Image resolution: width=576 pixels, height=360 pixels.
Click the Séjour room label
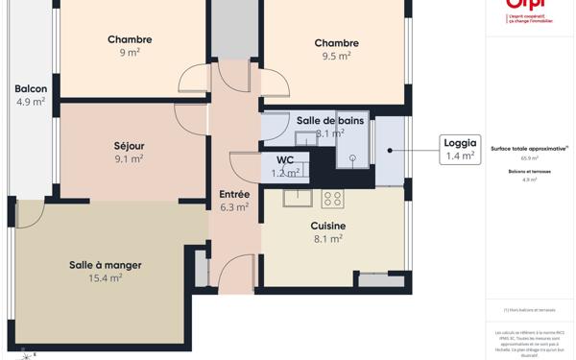(x=129, y=146)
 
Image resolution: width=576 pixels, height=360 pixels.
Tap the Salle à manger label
(x=105, y=265)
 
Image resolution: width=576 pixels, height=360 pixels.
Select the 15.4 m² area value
(x=105, y=278)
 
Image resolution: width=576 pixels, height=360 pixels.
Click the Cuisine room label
(x=328, y=227)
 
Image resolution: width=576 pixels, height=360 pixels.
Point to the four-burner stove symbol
(x=332, y=199)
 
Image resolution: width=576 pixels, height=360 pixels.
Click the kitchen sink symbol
(x=297, y=198)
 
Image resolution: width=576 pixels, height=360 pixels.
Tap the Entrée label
(x=234, y=194)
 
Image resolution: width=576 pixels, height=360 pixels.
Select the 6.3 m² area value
(x=234, y=206)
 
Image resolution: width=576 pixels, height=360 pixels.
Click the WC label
(x=285, y=160)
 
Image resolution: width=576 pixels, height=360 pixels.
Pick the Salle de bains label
(x=330, y=120)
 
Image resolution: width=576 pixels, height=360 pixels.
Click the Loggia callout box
(x=460, y=149)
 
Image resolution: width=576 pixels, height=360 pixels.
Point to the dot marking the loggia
(x=390, y=150)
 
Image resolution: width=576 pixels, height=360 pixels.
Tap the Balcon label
(x=31, y=89)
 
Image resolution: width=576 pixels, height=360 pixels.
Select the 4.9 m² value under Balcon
(x=31, y=102)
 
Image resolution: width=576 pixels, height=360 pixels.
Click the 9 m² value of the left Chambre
(x=130, y=53)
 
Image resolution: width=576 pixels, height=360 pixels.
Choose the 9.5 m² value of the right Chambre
(x=336, y=56)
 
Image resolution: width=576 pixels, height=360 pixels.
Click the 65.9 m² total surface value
(x=529, y=158)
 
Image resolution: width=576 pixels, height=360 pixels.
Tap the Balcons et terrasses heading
(x=529, y=171)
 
